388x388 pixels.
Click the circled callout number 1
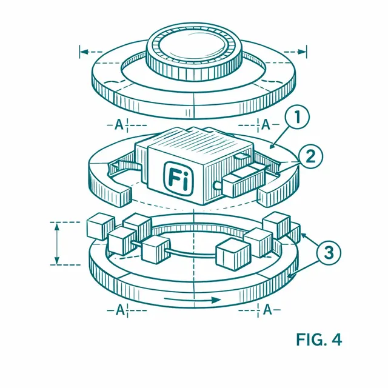(298, 116)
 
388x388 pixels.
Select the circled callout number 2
(310, 156)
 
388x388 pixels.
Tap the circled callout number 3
(329, 253)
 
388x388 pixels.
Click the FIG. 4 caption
(319, 339)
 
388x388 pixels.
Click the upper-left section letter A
(119, 125)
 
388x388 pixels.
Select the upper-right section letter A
(266, 124)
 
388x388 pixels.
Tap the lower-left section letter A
(120, 310)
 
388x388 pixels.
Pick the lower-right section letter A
(267, 310)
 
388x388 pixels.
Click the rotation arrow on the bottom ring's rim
(192, 300)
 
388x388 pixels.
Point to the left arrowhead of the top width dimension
(85, 52)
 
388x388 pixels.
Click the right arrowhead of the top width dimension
(302, 52)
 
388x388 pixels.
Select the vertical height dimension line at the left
(57, 244)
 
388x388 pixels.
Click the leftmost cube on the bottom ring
(101, 226)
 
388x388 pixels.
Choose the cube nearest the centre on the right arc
(233, 253)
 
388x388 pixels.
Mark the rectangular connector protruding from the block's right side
(243, 181)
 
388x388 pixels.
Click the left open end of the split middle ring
(121, 197)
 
